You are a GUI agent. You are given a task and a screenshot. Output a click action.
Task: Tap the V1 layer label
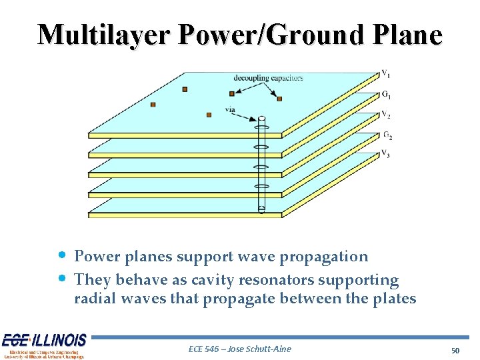click(386, 73)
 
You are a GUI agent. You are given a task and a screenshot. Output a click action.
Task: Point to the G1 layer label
click(386, 94)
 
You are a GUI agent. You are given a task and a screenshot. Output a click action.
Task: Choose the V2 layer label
click(386, 114)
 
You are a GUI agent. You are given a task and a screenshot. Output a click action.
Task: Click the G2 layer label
click(387, 135)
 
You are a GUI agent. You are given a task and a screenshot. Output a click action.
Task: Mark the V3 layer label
click(386, 154)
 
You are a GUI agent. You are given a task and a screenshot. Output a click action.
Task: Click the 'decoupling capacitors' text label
click(268, 78)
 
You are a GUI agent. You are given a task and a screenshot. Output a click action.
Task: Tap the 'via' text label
click(230, 109)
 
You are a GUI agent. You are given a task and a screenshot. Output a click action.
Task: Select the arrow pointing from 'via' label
click(247, 116)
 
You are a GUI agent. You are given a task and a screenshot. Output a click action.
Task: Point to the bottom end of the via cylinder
click(261, 211)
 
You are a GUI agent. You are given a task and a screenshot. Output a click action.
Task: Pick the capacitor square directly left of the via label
click(209, 115)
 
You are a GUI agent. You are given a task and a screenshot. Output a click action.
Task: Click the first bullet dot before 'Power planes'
click(61, 255)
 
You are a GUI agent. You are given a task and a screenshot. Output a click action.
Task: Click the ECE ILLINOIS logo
click(44, 345)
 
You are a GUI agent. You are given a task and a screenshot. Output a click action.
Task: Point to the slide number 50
click(455, 350)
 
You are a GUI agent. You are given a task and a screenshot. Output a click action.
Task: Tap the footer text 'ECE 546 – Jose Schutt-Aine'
click(240, 349)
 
